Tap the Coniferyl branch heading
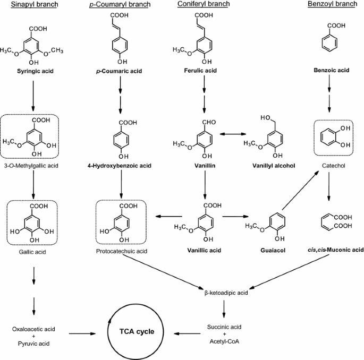pyautogui.click(x=204, y=5)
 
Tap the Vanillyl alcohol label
pyautogui.click(x=275, y=166)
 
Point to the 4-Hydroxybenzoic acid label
pyautogui.click(x=120, y=166)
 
